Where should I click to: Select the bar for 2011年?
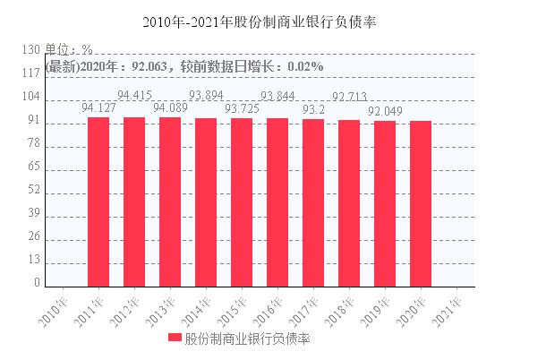click(98, 202)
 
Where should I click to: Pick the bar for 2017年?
click(312, 203)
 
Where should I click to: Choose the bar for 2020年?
click(420, 204)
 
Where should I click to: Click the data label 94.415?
click(134, 95)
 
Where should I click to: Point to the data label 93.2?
click(313, 109)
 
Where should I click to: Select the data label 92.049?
click(385, 111)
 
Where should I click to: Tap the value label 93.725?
click(242, 109)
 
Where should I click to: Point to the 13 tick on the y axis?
click(34, 260)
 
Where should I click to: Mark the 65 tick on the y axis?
click(34, 167)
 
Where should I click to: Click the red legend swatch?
click(174, 339)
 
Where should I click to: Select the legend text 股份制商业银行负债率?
click(246, 339)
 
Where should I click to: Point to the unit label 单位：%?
click(70, 50)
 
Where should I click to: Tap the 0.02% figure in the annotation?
click(303, 66)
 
